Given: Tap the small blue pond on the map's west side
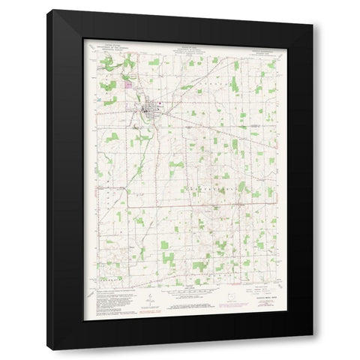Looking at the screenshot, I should pyautogui.click(x=99, y=98).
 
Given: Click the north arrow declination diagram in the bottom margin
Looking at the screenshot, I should pyautogui.click(x=149, y=300).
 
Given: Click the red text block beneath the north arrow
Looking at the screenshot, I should pyautogui.click(x=149, y=308).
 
